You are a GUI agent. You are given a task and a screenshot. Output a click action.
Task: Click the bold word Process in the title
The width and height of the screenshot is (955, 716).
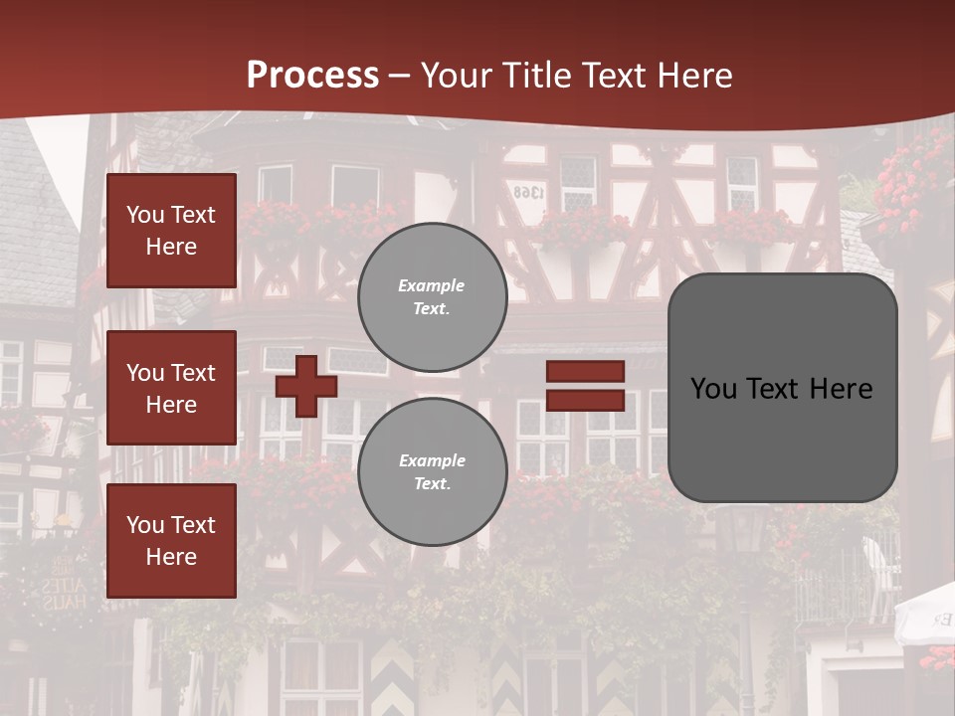(312, 76)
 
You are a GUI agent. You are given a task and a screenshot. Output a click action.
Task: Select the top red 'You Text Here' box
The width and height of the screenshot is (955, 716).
(171, 231)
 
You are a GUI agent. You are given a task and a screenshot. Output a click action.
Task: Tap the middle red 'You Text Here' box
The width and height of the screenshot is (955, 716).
(171, 388)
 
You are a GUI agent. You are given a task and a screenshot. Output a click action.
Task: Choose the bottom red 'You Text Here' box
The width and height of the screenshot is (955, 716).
(171, 540)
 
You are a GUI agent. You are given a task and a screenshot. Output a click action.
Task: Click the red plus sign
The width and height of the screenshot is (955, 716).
(306, 386)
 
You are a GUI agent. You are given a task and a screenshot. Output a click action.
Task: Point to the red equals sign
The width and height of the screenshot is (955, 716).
(585, 386)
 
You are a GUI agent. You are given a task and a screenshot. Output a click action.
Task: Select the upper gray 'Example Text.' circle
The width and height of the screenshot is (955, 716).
(432, 296)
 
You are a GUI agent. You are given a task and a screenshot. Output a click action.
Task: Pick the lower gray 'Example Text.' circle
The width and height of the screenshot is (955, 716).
(432, 471)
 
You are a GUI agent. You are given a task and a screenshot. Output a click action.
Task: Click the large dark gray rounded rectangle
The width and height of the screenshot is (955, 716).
(782, 388)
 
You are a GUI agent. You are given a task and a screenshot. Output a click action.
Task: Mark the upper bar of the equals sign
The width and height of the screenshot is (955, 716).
(585, 372)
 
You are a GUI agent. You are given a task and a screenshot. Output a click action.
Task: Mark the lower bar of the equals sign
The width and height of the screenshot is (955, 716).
(585, 400)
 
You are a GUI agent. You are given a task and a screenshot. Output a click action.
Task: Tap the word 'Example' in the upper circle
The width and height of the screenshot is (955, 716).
(432, 285)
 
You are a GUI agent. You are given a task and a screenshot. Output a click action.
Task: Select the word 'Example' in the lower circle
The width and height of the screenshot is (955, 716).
(432, 460)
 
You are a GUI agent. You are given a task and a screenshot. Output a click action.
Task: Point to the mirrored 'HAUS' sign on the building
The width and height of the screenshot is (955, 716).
(62, 600)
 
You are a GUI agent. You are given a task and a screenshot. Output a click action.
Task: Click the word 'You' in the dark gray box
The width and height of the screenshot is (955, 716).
(713, 388)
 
